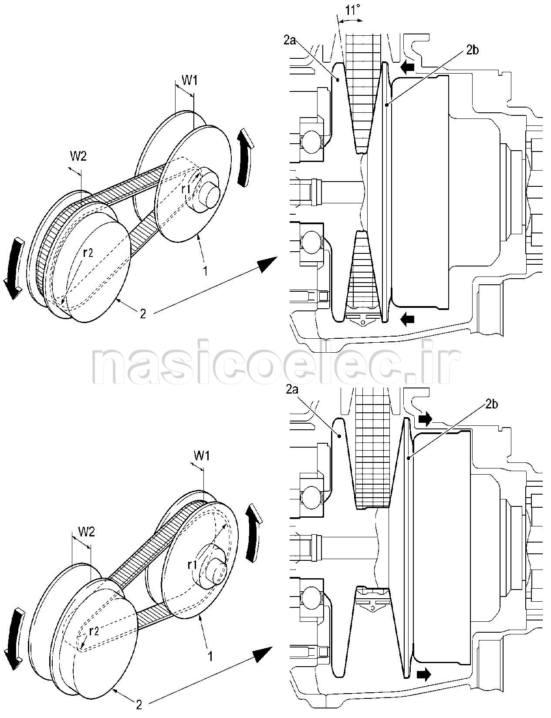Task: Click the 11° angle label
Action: click(353, 10)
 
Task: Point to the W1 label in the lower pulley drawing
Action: click(202, 456)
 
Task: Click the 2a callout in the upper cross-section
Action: click(290, 41)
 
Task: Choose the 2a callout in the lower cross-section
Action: click(292, 390)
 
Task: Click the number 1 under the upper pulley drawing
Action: click(206, 271)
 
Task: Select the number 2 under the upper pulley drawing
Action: click(143, 313)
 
